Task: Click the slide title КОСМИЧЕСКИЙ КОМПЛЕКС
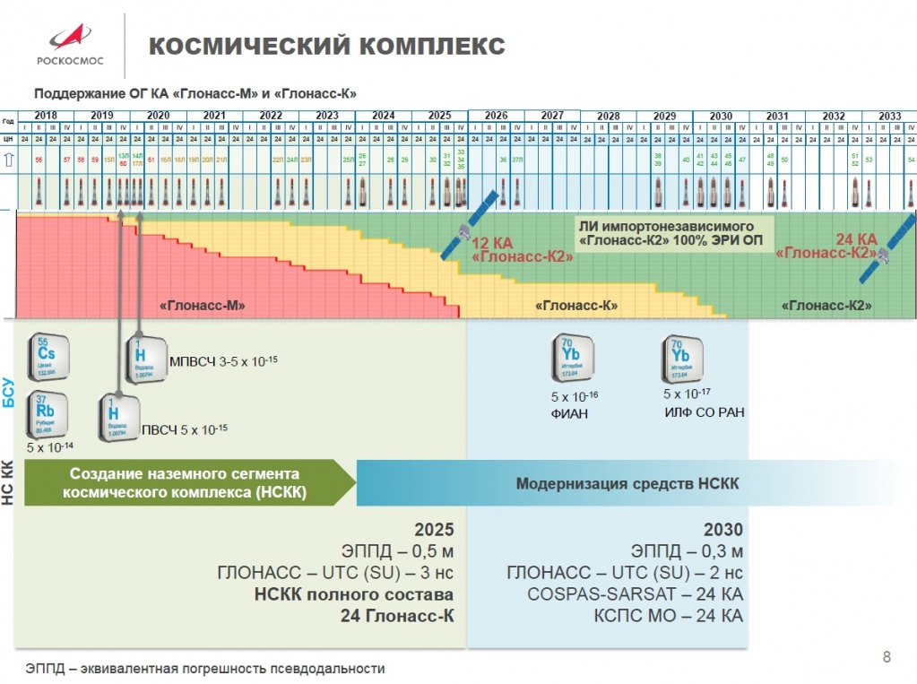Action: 326,46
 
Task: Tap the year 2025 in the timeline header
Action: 439,116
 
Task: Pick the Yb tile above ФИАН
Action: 569,359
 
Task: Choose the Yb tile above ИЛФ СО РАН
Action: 682,359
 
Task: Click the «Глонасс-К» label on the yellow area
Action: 578,306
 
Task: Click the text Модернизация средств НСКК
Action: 627,484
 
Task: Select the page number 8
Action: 887,657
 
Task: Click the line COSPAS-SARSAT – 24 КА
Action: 635,594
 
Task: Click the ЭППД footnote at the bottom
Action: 205,669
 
